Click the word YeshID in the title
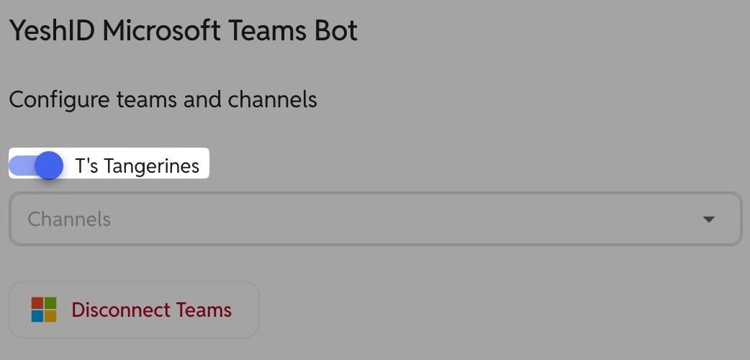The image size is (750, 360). point(52,31)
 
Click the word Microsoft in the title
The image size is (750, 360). point(161,31)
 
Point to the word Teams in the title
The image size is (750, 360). point(267,31)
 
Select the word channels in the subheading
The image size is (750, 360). point(272,99)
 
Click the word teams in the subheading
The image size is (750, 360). point(146,100)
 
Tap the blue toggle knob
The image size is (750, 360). point(49,166)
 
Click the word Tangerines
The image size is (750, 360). point(151,166)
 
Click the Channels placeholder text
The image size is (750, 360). point(69,220)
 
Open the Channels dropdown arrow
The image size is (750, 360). point(708,220)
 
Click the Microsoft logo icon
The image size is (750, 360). point(44,310)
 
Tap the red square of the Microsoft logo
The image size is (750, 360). point(37,303)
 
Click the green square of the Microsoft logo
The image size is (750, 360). point(50,303)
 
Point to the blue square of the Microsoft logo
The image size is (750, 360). point(37,316)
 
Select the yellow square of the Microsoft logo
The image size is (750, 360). point(50,316)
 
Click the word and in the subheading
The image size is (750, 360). point(202,99)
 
